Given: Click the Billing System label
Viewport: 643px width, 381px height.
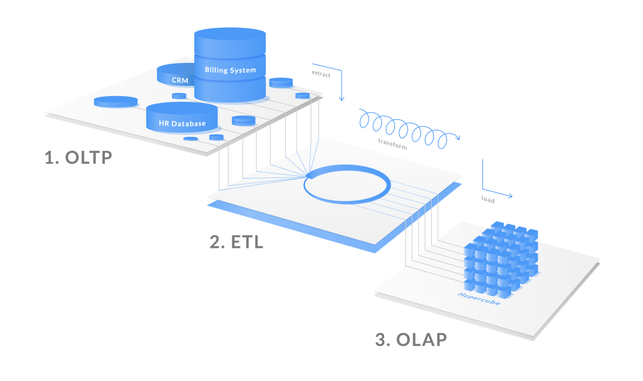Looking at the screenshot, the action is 230,70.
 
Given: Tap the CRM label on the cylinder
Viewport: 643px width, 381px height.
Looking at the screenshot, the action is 180,80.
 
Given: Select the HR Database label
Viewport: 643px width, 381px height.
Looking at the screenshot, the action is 182,123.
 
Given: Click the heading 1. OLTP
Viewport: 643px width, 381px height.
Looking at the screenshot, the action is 78,157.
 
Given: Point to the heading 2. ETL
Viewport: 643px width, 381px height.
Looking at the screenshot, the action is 236,242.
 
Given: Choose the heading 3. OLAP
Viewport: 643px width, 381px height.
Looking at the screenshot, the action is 411,339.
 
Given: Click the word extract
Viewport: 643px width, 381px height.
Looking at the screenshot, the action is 321,74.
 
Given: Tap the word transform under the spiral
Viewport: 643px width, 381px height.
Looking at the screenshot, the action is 392,144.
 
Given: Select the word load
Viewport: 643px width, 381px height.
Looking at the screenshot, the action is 488,200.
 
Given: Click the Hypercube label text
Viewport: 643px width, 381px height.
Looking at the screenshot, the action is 479,299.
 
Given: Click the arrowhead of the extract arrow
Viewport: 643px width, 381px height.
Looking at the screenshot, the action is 341,99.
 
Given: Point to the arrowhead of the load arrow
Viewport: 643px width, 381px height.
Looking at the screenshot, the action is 510,196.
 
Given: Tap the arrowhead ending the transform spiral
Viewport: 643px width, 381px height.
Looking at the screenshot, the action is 458,138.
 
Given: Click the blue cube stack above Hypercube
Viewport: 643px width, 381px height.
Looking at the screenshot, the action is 501,259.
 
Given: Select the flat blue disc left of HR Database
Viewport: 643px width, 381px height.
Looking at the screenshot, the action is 116,102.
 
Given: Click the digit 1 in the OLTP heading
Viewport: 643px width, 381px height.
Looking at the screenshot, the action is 50,157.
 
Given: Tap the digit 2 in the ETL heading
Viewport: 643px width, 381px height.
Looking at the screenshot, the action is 215,242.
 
